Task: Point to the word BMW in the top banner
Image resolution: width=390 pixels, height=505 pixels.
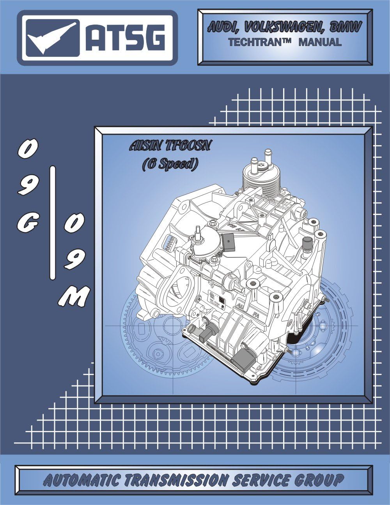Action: (346, 27)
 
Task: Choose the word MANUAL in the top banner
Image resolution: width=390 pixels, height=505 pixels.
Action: (320, 42)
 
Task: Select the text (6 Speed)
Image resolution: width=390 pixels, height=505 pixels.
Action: (170, 164)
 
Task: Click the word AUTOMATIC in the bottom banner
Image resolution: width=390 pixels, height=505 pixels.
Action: (82, 480)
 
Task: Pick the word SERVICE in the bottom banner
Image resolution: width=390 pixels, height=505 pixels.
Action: (261, 480)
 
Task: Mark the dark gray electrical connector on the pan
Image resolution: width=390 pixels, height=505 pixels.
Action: (243, 353)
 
